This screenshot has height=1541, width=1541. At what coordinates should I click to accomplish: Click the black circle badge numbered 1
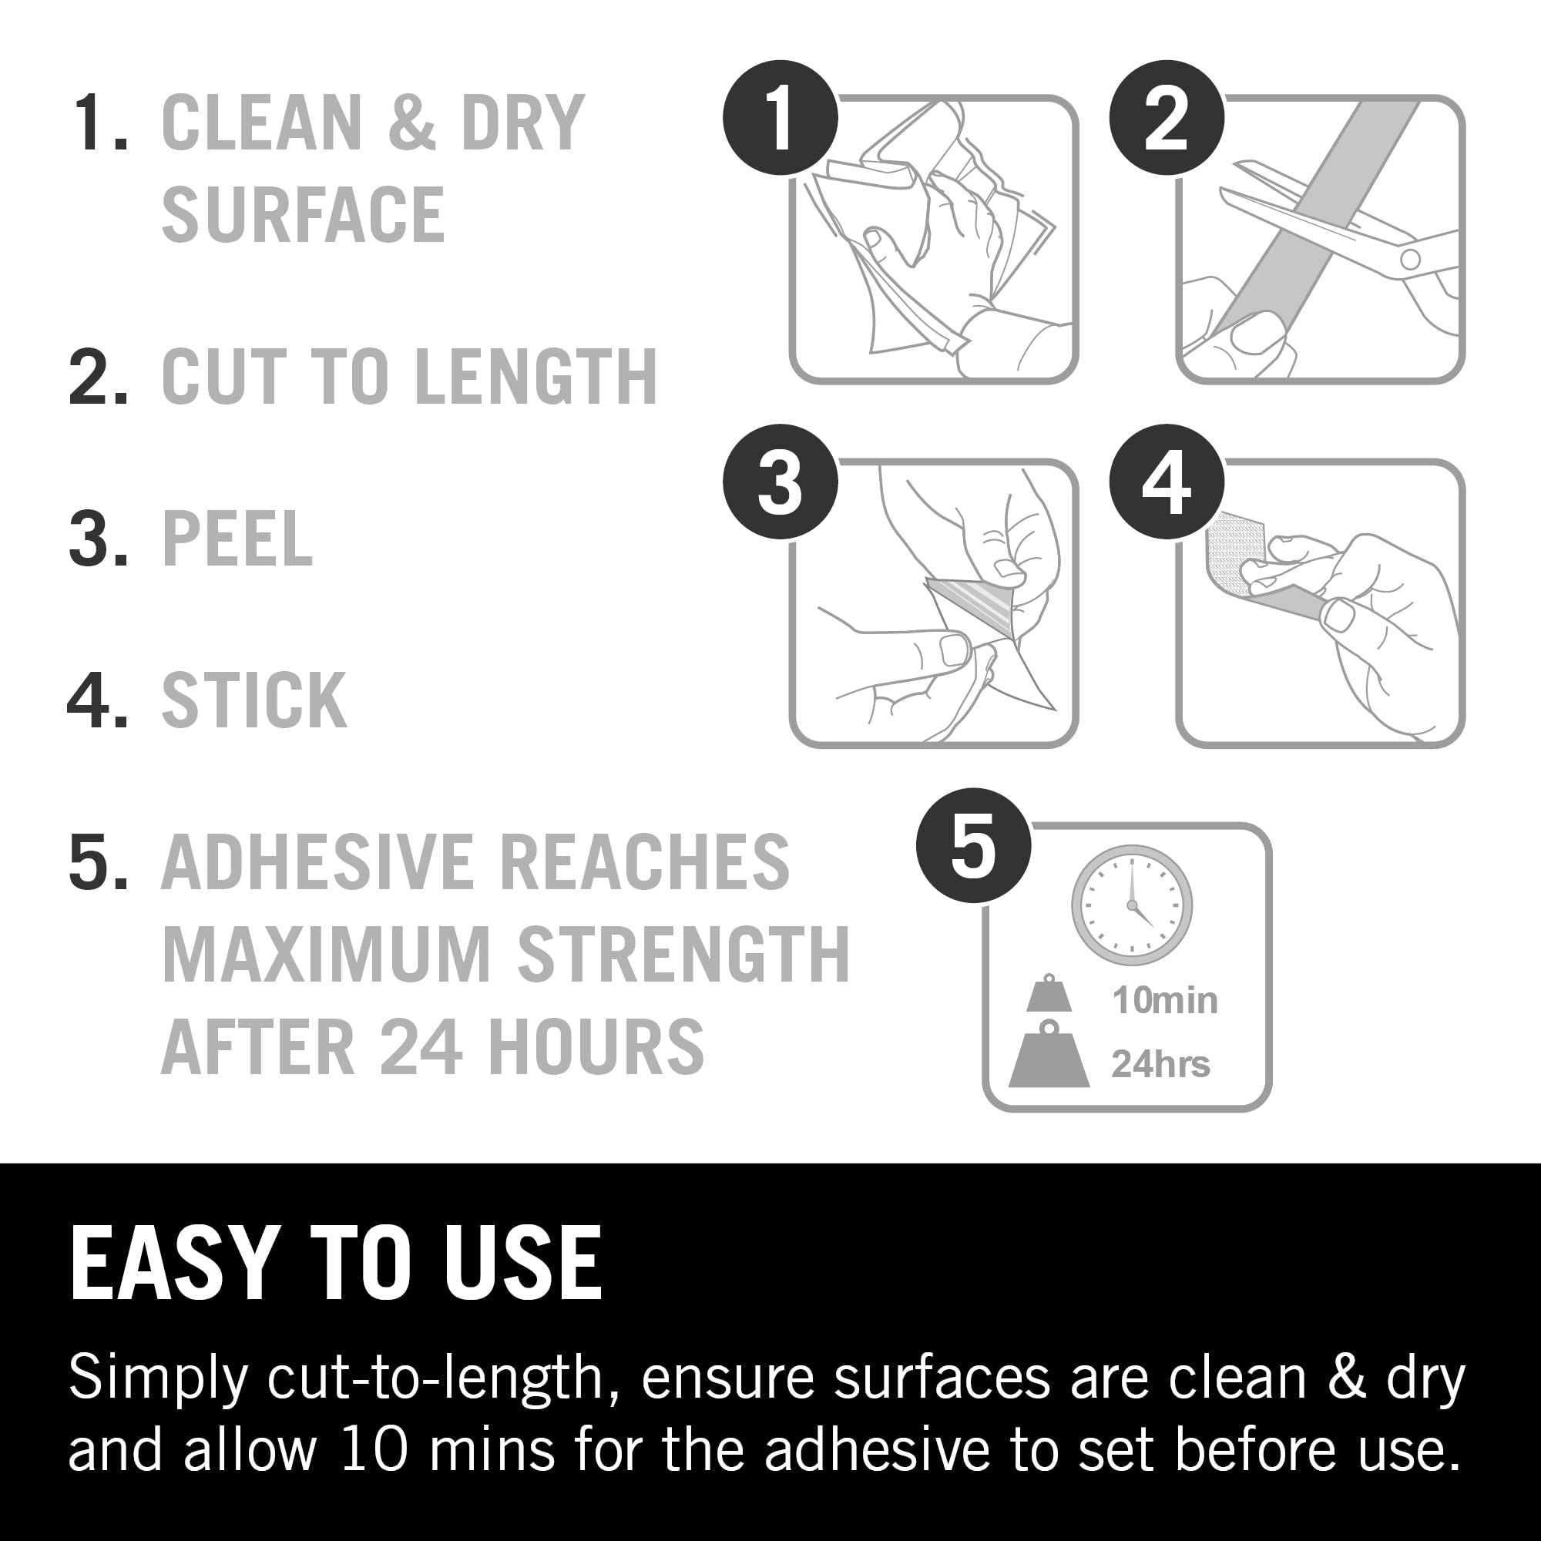coord(780,118)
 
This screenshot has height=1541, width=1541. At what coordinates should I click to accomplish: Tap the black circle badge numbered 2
coord(1166,118)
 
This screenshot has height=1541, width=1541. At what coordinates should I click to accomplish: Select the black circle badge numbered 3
coord(780,482)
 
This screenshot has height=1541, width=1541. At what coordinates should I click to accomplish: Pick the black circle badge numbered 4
coord(1166,482)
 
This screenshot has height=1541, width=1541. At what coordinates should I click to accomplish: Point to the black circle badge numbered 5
coord(973,845)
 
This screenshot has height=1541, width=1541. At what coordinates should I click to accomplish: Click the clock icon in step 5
coord(1132,905)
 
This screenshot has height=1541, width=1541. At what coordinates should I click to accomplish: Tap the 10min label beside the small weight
coord(1165,1001)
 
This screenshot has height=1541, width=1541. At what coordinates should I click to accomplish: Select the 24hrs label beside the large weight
coord(1160,1064)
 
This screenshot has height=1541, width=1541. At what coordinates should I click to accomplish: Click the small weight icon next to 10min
coord(1049,994)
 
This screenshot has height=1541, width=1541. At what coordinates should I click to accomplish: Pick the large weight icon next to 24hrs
coord(1049,1053)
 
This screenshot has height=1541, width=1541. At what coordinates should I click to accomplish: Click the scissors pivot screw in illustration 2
coord(1410,258)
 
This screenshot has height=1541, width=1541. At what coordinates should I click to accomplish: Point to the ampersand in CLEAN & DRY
coord(413,123)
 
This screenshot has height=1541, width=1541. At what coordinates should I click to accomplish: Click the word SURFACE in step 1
coord(303,213)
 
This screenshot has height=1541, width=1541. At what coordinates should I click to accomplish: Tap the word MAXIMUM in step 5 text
coord(327,954)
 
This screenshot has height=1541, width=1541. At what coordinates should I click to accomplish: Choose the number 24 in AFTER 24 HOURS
coord(421,1046)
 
